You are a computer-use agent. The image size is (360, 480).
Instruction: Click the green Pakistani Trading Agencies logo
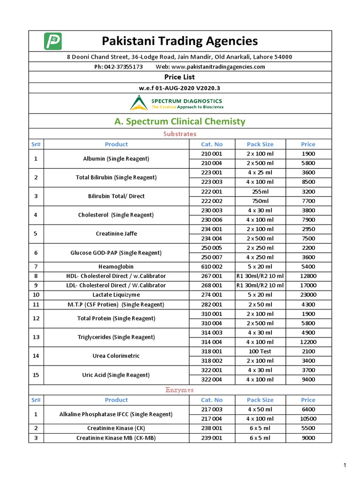(53, 41)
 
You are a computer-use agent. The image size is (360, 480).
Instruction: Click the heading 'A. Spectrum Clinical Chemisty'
(180, 121)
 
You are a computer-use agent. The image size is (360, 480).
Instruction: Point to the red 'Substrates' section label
(180, 134)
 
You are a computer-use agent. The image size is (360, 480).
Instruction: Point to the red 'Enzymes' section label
(180, 390)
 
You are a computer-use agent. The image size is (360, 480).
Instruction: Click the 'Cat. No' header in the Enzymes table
(212, 400)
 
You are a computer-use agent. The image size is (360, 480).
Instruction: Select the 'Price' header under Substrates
(308, 144)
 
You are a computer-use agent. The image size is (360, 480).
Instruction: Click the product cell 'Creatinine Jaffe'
(116, 233)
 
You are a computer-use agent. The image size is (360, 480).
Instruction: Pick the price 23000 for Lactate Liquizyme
(308, 295)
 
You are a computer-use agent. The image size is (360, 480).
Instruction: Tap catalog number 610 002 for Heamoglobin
(212, 267)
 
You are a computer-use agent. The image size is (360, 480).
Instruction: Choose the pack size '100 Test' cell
(260, 351)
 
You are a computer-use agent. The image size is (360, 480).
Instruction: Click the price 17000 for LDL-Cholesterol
(308, 285)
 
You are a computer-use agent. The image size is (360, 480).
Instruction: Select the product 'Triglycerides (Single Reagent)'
(116, 337)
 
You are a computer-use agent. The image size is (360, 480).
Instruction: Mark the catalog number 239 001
(212, 438)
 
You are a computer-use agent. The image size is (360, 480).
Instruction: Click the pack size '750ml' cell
(260, 201)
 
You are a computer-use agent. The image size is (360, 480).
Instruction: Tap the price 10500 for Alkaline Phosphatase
(308, 419)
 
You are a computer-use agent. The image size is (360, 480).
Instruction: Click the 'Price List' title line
(180, 77)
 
